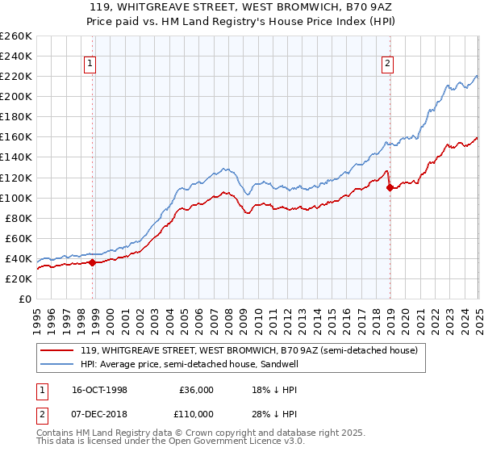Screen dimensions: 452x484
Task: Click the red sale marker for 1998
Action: tap(92, 262)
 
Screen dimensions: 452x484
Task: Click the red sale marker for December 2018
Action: tap(390, 187)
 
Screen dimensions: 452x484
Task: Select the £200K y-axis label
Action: tap(16, 96)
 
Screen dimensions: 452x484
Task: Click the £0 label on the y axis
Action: tap(23, 299)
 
